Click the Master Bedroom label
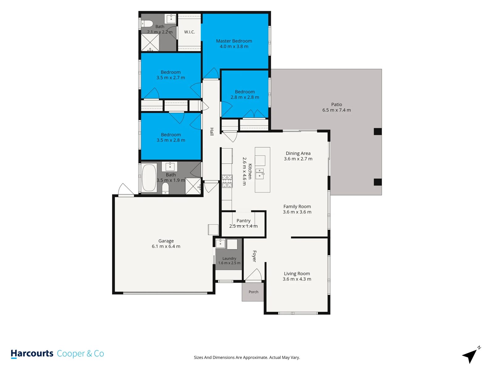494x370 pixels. coord(234,41)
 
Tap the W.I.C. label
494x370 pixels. coord(189,32)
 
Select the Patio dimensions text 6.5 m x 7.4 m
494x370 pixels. coord(337,110)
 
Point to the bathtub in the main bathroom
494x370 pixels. coord(149,178)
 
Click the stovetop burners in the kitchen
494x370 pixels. coord(227,181)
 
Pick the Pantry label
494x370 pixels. coord(243,220)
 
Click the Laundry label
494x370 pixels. coord(229,259)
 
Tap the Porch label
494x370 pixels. coord(253,292)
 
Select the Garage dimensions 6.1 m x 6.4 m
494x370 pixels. coord(166,246)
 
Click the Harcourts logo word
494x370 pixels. coord(32,353)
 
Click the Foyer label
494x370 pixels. coord(254,256)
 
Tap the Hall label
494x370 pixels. coord(212,131)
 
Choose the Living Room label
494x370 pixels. coord(297,273)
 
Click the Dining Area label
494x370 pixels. coord(298,153)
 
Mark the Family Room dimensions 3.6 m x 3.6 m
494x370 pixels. coord(297,212)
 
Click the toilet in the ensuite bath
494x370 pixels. coord(147,23)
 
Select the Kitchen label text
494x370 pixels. coord(250,171)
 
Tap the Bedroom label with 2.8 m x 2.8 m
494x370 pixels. coord(245,92)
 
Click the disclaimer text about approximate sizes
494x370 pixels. coord(247,357)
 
